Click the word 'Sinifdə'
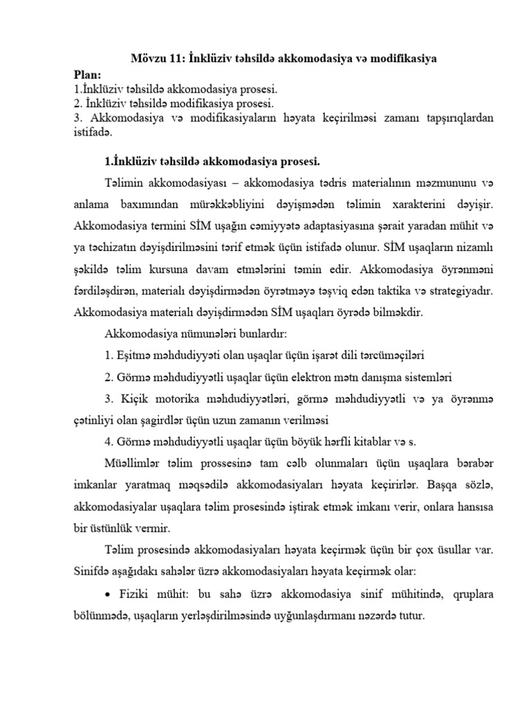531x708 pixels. (93, 572)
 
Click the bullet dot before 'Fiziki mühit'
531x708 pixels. (107, 595)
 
